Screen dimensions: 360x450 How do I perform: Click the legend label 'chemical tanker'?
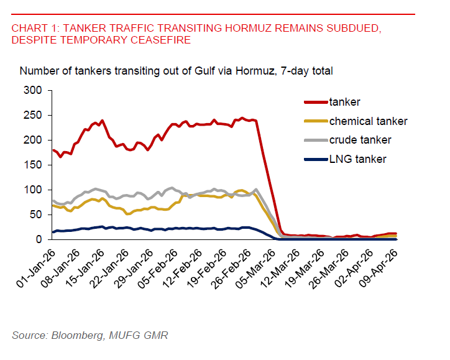(x=369, y=121)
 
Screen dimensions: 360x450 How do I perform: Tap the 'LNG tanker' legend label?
(x=358, y=159)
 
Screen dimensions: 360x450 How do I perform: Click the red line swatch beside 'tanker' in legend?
(x=315, y=102)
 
